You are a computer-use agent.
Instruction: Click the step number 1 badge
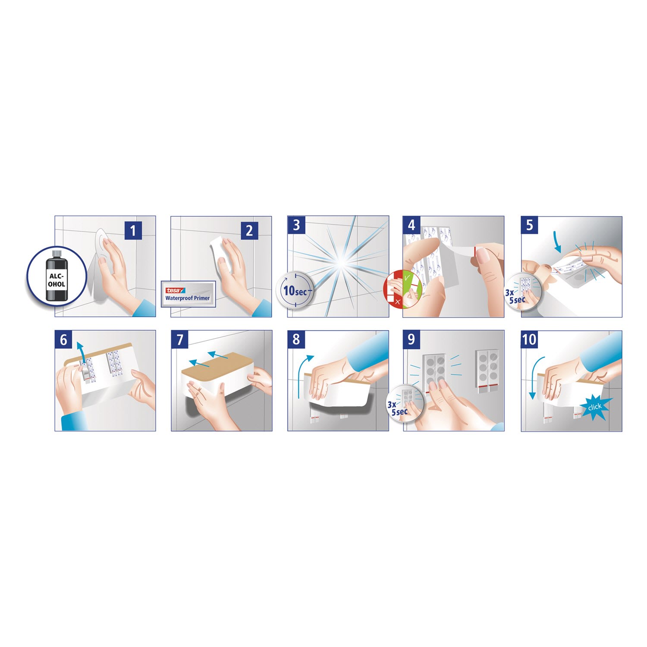[x=133, y=231]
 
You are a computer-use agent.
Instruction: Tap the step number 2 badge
[x=249, y=231]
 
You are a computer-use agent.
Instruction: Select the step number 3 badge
[x=296, y=225]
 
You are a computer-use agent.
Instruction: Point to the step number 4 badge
[x=411, y=225]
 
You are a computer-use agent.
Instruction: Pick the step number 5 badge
[x=530, y=225]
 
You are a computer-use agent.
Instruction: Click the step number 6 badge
[x=63, y=339]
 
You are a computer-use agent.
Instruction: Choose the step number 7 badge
[x=180, y=339]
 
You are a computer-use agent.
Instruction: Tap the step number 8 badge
[x=296, y=339]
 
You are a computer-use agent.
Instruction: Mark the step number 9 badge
[x=411, y=339]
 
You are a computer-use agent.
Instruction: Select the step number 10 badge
[x=529, y=339]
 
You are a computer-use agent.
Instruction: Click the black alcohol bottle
[x=56, y=275]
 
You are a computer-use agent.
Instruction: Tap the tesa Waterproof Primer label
[x=188, y=294]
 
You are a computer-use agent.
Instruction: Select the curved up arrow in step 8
[x=302, y=375]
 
